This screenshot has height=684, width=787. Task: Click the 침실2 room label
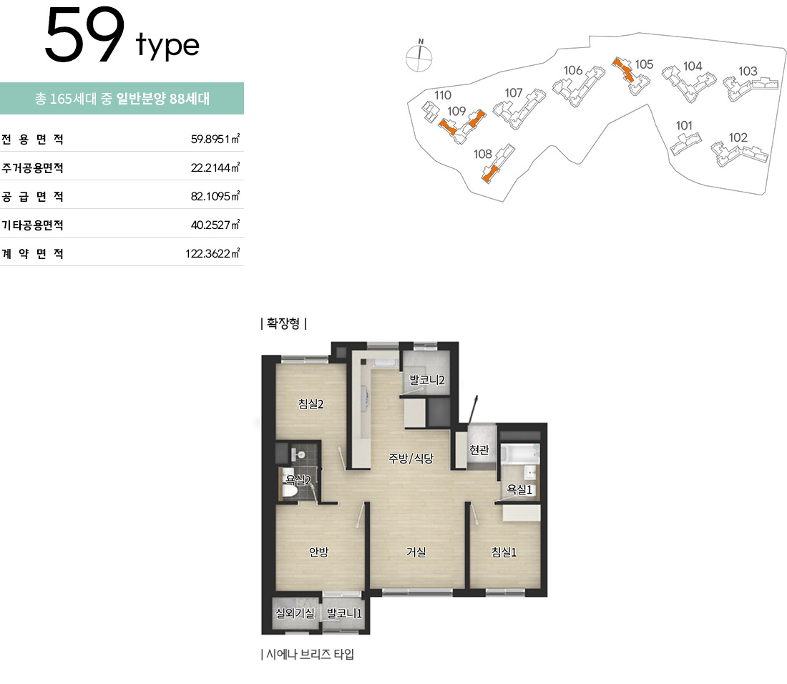(311, 404)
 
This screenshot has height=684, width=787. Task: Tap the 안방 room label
(318, 552)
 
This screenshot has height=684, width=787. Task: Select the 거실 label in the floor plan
(416, 552)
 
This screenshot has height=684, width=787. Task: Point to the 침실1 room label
(504, 552)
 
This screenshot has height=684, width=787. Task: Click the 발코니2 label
(427, 380)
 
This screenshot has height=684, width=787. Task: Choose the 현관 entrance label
(479, 449)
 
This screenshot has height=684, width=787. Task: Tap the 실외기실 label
(295, 612)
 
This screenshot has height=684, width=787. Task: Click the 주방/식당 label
(411, 458)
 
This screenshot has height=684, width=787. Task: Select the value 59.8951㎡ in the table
(215, 139)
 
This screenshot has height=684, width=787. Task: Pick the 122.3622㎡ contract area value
(212, 253)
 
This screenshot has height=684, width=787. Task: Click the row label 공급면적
(33, 197)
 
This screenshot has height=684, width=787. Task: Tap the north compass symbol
(419, 57)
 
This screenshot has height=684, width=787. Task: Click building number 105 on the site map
(644, 64)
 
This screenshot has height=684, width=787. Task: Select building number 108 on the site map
(483, 154)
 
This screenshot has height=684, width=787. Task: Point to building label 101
(684, 125)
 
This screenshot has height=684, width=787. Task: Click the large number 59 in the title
(84, 35)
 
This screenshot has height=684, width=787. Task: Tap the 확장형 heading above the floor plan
(283, 323)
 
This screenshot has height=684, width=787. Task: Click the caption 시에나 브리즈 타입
(308, 655)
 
